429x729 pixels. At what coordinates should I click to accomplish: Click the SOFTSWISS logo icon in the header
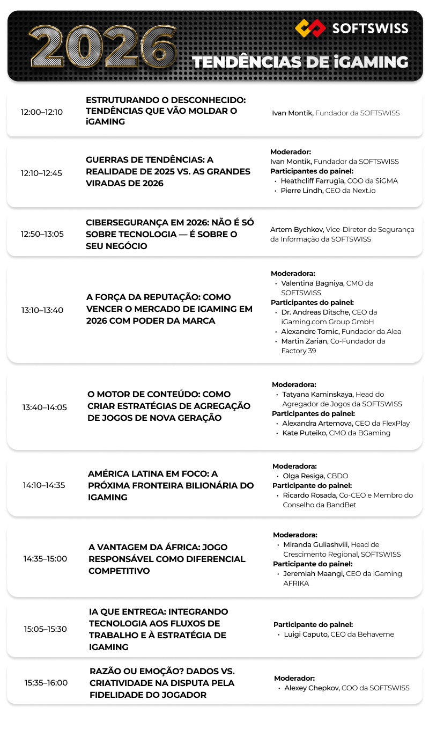pos(310,27)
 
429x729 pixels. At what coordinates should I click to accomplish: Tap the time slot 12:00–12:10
pos(42,112)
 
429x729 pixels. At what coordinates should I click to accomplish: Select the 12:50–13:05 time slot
pos(42,234)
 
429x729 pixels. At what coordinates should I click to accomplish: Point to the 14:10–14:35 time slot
pos(44,485)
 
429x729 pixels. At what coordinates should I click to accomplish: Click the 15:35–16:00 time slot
pos(46,683)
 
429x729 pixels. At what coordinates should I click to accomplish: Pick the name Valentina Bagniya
pos(313,283)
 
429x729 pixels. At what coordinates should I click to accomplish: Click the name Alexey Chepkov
pos(312,688)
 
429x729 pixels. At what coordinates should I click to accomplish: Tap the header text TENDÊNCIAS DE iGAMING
pos(300,62)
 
